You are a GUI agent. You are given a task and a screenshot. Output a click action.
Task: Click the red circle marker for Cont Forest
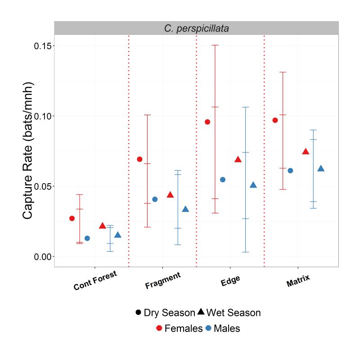click(x=72, y=218)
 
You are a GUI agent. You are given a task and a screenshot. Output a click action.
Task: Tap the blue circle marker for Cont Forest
click(x=87, y=238)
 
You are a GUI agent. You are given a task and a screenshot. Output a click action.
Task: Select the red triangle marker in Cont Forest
click(x=103, y=226)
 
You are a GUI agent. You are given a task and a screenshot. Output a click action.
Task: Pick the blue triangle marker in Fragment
click(x=185, y=209)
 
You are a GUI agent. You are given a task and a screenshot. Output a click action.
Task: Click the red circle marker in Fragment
click(x=139, y=159)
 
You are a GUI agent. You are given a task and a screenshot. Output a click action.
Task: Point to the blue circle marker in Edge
click(x=222, y=180)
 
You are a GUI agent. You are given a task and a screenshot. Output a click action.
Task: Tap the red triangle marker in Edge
click(x=238, y=160)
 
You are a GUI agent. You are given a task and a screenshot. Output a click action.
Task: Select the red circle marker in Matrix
click(x=275, y=120)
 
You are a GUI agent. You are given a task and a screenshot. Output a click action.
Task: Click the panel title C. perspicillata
click(x=196, y=28)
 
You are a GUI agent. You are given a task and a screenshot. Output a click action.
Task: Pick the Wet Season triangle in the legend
click(x=201, y=312)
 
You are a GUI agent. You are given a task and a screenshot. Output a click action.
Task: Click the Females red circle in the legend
click(x=159, y=328)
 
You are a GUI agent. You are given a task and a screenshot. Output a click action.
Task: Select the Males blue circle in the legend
click(x=208, y=328)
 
